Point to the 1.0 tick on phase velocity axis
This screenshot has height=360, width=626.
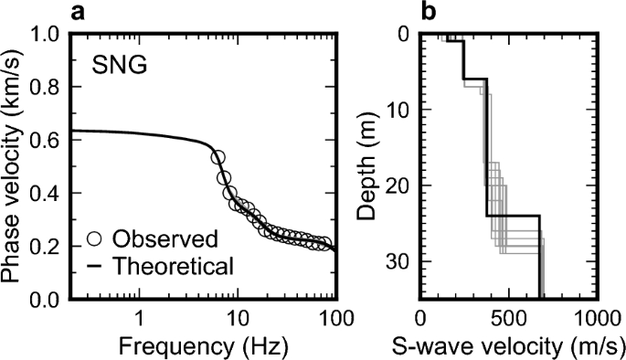(44, 36)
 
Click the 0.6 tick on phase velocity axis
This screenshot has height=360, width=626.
(44, 142)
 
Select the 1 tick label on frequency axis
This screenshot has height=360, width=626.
(140, 319)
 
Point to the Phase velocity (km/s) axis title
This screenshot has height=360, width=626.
(14, 166)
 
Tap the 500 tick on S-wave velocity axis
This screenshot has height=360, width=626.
(508, 319)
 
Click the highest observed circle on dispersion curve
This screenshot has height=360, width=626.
(218, 157)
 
